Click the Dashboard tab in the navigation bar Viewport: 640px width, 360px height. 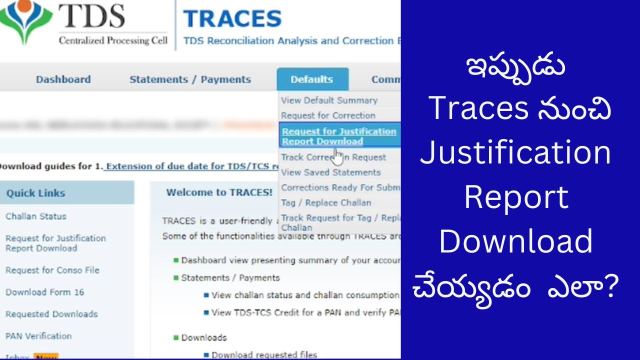(x=63, y=79)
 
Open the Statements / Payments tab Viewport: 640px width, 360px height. (x=190, y=79)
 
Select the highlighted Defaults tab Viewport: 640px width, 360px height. (x=311, y=79)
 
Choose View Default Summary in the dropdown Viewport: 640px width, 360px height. (x=329, y=100)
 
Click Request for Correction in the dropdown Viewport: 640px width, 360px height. (x=328, y=115)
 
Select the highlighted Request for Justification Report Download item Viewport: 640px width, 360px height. (x=339, y=136)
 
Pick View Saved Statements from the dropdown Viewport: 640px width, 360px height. (x=330, y=172)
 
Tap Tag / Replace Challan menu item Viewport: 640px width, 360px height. (x=326, y=202)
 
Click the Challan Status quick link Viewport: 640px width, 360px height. (x=36, y=216)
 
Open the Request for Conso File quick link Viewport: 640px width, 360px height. (x=52, y=270)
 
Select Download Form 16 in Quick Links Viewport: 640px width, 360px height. (x=45, y=292)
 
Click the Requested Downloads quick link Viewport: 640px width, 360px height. (x=51, y=314)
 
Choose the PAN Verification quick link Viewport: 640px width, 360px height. (x=38, y=336)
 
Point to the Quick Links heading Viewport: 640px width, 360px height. (x=36, y=193)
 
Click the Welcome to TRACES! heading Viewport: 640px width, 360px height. (x=219, y=192)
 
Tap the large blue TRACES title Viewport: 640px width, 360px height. (x=232, y=19)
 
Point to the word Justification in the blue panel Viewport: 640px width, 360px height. (x=515, y=152)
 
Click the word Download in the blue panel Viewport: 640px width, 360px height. (x=515, y=241)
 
